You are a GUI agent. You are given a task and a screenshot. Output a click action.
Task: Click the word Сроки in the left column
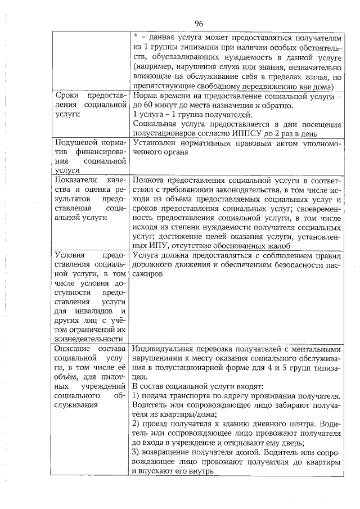(65, 95)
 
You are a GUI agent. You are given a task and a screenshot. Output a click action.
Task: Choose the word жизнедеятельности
(87, 339)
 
